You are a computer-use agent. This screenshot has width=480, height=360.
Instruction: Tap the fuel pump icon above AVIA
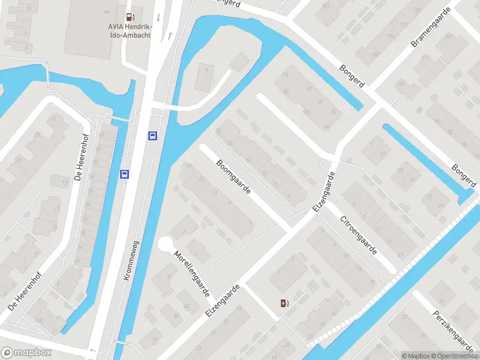tap(130, 18)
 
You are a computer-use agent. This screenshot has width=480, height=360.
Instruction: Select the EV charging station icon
tap(284, 303)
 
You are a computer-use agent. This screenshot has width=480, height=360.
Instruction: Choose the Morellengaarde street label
tap(192, 273)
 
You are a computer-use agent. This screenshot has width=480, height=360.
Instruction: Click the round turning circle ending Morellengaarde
tap(166, 245)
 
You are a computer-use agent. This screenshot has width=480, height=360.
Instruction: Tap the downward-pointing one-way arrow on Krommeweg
tap(158, 17)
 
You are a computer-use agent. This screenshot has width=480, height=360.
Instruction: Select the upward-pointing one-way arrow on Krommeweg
tap(170, 36)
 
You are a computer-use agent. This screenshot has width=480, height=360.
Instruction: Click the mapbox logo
tap(26, 353)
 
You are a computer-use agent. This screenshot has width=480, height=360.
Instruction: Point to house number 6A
tap(106, 11)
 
